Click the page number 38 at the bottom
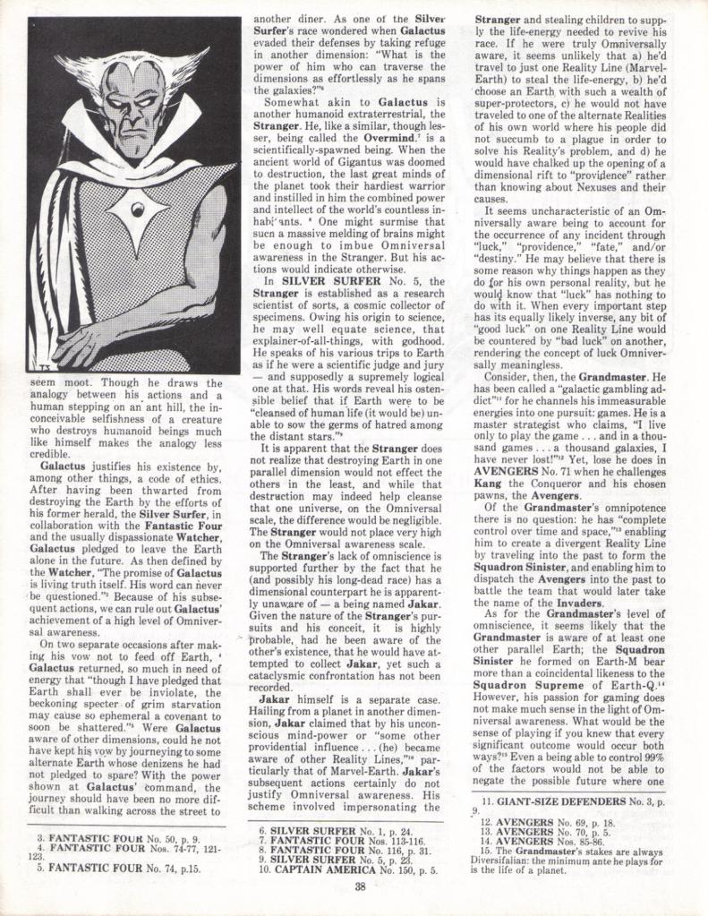[x=359, y=886]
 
